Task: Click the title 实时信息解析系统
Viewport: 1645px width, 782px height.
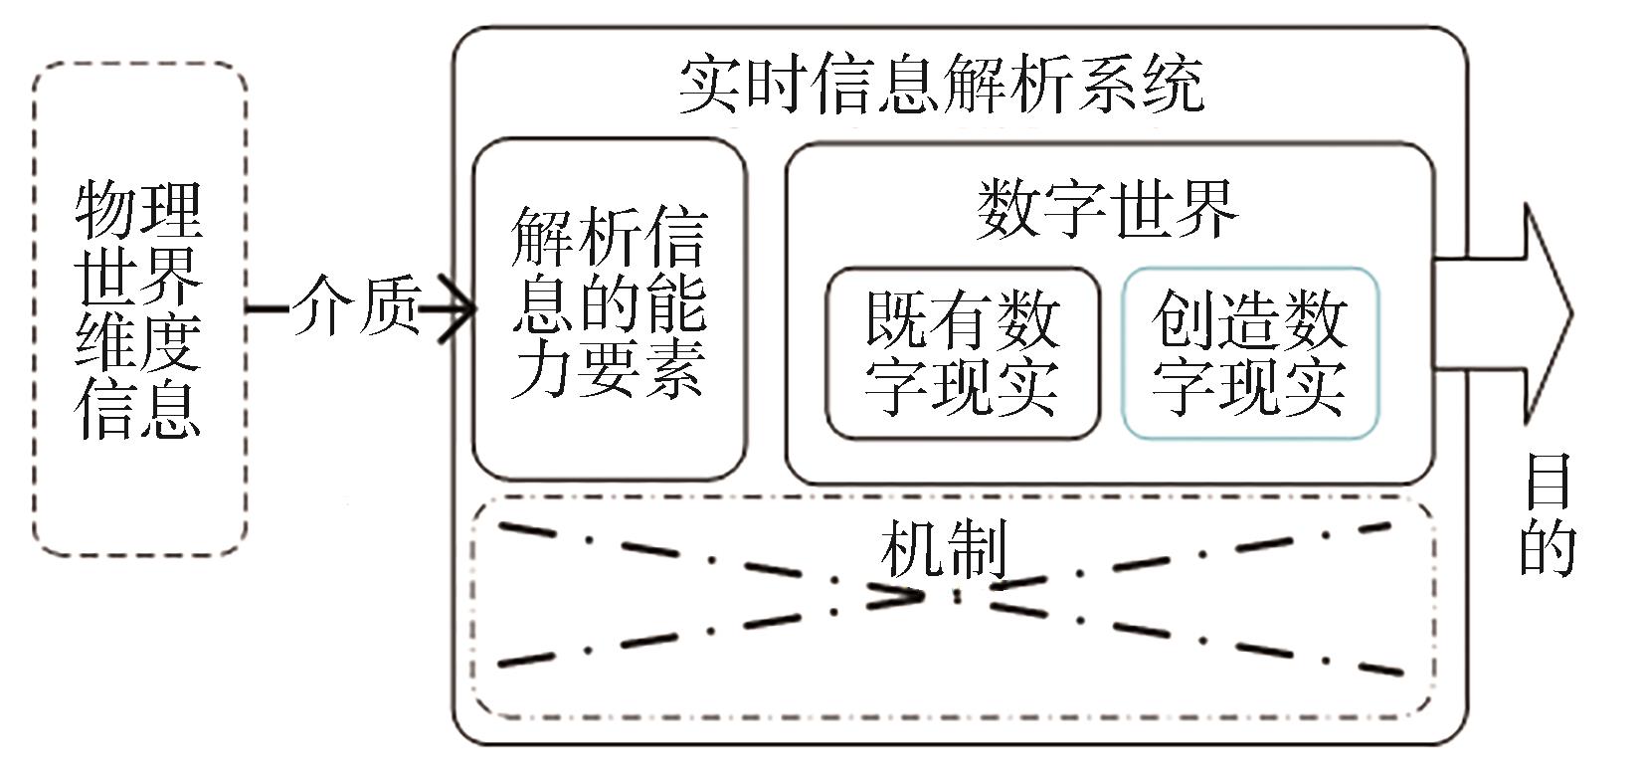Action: point(941,84)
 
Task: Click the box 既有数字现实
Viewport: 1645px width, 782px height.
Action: point(963,352)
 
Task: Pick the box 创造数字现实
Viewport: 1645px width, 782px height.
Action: point(1250,352)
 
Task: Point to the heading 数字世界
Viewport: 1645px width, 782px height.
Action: point(1107,209)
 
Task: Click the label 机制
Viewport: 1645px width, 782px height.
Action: point(943,548)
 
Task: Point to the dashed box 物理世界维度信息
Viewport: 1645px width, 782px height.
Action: point(139,308)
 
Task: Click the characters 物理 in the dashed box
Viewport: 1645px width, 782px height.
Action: point(139,209)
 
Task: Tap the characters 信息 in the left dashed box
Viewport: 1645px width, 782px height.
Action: point(139,408)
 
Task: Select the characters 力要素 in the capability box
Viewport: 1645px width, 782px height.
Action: point(609,370)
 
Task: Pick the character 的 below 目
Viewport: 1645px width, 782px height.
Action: point(1548,548)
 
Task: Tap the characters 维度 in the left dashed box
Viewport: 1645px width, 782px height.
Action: point(139,341)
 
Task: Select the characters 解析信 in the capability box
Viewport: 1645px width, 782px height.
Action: point(609,236)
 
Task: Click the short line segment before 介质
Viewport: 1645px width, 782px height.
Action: point(267,307)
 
